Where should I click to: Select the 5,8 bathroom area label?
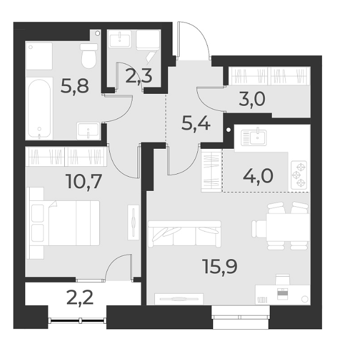tap(75, 86)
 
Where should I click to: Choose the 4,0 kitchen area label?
tap(258, 177)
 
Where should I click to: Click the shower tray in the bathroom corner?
tap(39, 55)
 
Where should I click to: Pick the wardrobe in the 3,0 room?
tap(269, 75)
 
